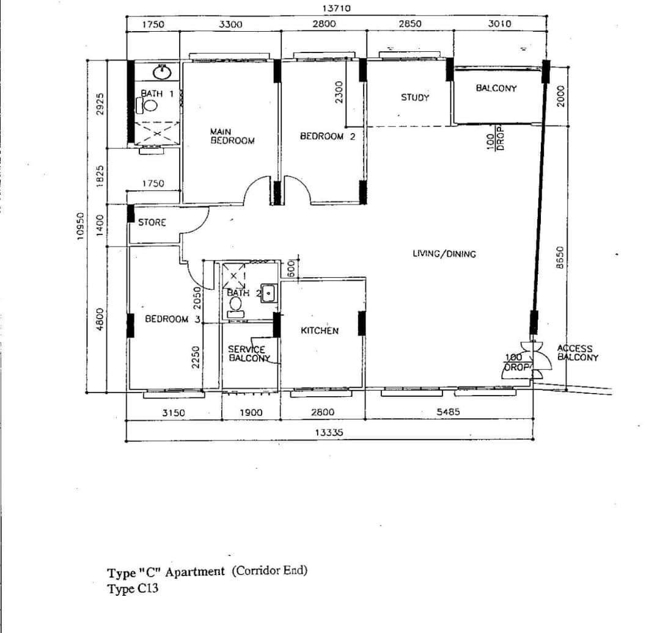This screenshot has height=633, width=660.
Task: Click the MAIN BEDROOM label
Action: tap(232, 137)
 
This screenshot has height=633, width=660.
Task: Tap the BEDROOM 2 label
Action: tap(328, 136)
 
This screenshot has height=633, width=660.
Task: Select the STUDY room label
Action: tap(415, 98)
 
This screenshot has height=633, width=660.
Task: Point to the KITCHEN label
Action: tap(320, 331)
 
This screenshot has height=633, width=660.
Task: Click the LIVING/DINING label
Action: tap(444, 253)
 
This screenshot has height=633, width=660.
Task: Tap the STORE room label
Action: tap(152, 222)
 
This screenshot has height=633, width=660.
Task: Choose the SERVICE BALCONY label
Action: tap(249, 353)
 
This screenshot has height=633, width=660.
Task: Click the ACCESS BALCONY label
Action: tap(577, 353)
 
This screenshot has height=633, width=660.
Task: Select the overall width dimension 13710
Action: tap(336, 8)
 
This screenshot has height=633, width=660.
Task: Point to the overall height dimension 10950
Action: tap(81, 226)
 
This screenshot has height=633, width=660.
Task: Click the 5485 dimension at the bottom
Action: tap(448, 412)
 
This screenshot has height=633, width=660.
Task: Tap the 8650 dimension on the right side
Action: tap(559, 257)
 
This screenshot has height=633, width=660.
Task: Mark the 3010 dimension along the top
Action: tap(499, 24)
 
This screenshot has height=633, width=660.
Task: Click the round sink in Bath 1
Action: tap(161, 72)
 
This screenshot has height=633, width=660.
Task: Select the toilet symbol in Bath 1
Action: tap(147, 105)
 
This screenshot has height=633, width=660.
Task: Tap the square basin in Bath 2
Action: tap(268, 293)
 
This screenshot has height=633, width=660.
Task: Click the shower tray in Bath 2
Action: tap(233, 276)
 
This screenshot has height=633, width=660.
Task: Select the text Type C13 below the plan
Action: tap(133, 588)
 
